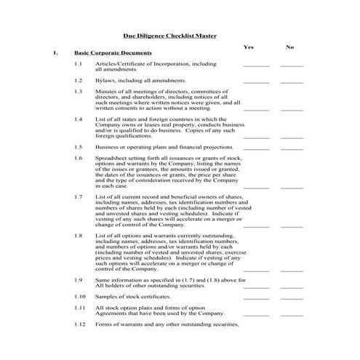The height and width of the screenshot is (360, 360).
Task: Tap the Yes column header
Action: click(249, 47)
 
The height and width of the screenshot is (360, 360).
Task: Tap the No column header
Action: click(290, 47)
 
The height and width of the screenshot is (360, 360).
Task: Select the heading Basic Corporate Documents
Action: click(113, 53)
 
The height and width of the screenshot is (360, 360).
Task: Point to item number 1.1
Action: click(79, 64)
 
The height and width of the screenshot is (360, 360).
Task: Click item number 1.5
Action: click(79, 146)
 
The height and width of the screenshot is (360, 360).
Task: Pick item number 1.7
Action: click(79, 197)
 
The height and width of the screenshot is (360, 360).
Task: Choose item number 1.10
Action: click(80, 297)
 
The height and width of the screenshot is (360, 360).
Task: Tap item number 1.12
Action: click(80, 324)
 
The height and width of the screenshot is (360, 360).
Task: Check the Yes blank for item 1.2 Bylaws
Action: click(256, 81)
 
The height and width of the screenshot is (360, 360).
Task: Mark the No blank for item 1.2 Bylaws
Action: click(292, 81)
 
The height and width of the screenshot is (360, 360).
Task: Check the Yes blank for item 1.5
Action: click(256, 148)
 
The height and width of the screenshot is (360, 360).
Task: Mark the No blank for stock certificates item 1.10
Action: click(292, 298)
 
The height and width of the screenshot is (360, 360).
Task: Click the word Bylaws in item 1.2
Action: click(105, 80)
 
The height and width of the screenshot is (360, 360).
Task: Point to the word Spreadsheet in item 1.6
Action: click(111, 158)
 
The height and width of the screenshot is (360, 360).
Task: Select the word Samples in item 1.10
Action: click(106, 297)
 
